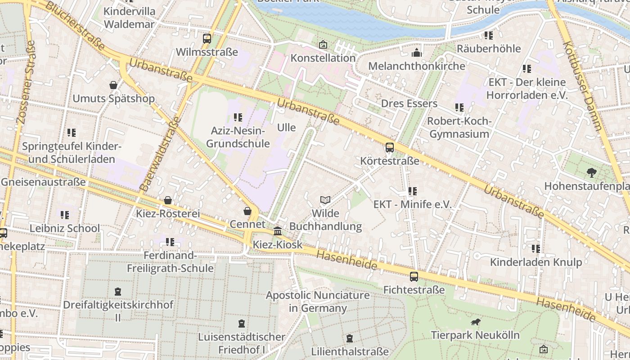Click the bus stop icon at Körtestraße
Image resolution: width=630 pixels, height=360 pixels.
point(390,147)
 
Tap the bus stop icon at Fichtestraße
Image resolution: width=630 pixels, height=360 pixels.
point(414,277)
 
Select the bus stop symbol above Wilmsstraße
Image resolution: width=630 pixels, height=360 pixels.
point(207,39)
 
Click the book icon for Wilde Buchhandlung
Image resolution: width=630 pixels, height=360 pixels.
point(325,200)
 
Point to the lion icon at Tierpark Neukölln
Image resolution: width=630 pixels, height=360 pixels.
point(475,322)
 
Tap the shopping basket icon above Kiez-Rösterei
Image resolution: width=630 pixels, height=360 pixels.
point(168,200)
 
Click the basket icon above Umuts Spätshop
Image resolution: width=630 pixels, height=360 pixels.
point(113,85)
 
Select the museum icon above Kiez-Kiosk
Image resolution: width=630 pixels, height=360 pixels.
point(278,231)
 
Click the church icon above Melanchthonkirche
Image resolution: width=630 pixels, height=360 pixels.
point(416,53)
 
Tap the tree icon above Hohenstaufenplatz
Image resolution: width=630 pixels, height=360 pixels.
point(591,172)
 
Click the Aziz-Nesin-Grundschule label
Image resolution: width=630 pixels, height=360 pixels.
point(240,137)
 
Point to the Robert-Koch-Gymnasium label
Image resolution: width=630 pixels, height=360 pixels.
point(459,127)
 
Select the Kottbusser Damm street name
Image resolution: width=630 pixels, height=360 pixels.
point(583,85)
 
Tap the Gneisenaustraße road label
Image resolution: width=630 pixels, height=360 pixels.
point(43,182)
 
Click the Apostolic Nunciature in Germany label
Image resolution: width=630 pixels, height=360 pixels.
point(318,301)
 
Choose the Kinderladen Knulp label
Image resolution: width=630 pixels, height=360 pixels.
point(535,262)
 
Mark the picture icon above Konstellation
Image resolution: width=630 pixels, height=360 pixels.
point(323,45)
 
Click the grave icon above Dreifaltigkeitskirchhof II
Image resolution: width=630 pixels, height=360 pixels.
point(118,292)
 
